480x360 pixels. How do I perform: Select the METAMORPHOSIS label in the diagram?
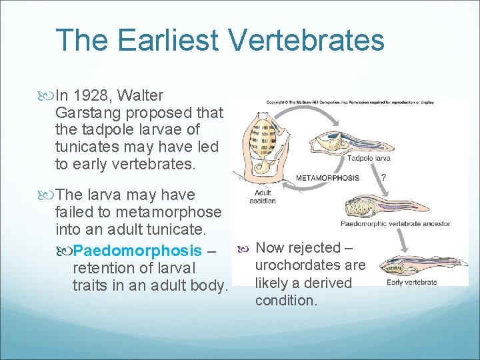[327, 178]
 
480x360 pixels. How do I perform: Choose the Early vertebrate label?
[411, 282]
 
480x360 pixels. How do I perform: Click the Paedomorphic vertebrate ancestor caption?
[395, 224]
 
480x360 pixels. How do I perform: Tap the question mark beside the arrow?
[383, 178]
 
